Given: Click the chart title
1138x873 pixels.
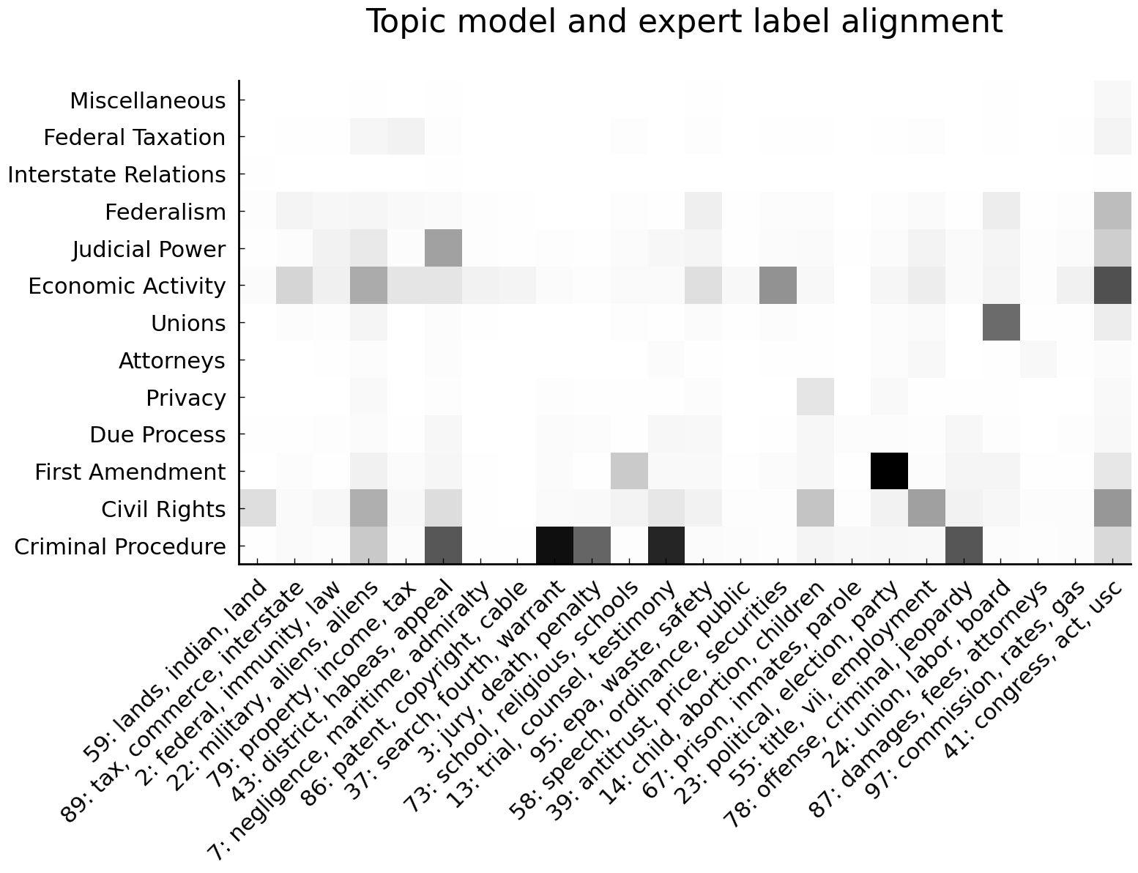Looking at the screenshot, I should (x=683, y=23).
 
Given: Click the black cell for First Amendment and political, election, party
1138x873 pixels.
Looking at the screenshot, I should (x=889, y=471).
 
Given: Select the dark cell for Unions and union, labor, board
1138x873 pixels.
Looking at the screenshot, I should (x=1000, y=322).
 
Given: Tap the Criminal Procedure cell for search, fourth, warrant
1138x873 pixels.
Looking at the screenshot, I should (x=554, y=546).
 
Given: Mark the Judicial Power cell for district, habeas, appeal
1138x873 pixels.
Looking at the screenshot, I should (x=443, y=248).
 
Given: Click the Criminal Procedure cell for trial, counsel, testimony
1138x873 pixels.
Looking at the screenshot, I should (x=666, y=546).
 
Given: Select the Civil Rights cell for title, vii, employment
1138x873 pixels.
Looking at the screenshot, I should (x=926, y=508).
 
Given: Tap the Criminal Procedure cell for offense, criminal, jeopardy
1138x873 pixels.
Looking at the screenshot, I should (x=963, y=546).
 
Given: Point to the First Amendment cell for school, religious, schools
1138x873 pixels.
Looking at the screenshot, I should (x=629, y=471).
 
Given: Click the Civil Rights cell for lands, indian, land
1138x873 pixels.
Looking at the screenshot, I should (x=258, y=508).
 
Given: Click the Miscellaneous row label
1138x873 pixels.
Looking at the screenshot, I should (x=148, y=101).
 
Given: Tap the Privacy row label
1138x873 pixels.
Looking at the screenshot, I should (x=186, y=398).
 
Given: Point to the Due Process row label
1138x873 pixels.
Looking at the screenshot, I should (x=157, y=435).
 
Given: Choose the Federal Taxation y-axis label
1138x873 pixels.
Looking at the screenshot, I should (x=135, y=138).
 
